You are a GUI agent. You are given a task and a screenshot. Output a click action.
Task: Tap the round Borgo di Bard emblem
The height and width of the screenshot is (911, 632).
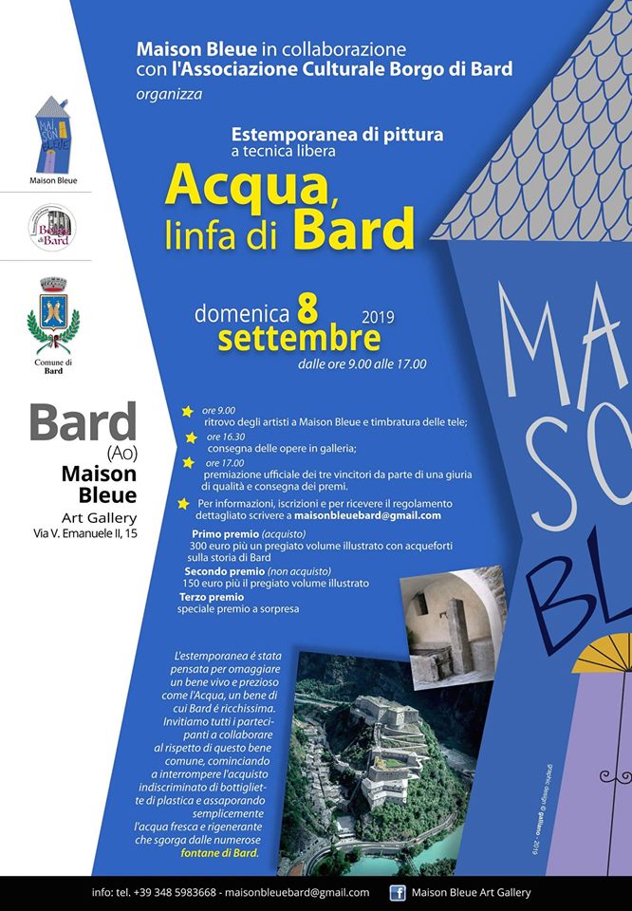pyautogui.click(x=53, y=229)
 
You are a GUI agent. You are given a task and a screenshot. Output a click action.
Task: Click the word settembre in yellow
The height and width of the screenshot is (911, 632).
pyautogui.click(x=299, y=338)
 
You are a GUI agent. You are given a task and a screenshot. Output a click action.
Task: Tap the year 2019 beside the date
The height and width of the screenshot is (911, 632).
pyautogui.click(x=378, y=315)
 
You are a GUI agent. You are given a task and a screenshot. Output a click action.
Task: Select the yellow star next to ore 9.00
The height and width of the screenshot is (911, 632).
pyautogui.click(x=187, y=411)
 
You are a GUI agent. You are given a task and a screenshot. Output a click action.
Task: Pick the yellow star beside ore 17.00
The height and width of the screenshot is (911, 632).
pyautogui.click(x=188, y=462)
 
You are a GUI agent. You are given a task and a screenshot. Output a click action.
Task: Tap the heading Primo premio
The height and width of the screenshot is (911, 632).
pyautogui.click(x=224, y=535)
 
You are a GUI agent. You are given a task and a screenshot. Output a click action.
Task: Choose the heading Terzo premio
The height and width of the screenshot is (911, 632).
pyautogui.click(x=212, y=597)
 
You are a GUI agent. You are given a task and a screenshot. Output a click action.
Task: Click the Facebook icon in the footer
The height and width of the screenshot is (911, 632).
pyautogui.click(x=398, y=892)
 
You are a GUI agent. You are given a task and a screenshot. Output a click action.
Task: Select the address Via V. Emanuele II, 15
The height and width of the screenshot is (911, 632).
pyautogui.click(x=83, y=536)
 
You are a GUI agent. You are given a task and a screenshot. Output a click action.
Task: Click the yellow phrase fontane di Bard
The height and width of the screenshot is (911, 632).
pyautogui.click(x=219, y=853)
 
